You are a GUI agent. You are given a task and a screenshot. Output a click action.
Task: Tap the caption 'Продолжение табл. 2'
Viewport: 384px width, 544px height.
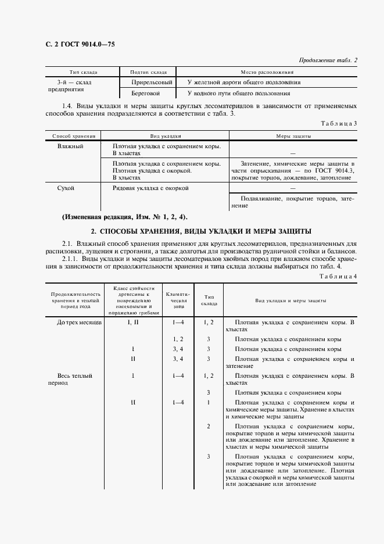(328, 60)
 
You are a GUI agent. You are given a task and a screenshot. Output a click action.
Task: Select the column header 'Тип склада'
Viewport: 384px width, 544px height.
(83, 72)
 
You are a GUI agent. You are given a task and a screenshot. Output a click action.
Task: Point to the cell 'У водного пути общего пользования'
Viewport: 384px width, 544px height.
(239, 93)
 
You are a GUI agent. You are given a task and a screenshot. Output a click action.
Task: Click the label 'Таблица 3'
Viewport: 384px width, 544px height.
(339, 123)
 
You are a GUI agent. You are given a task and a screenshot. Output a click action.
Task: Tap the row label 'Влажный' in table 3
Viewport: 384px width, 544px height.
(70, 146)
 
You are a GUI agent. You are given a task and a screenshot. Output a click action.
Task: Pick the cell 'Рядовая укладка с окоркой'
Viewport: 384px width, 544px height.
(150, 188)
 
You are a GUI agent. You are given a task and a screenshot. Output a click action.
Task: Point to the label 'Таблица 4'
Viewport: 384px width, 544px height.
(339, 275)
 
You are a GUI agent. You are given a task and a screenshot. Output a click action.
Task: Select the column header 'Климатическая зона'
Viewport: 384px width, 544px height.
(176, 298)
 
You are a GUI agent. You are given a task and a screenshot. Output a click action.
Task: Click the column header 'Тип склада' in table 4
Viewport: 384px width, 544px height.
(209, 300)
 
